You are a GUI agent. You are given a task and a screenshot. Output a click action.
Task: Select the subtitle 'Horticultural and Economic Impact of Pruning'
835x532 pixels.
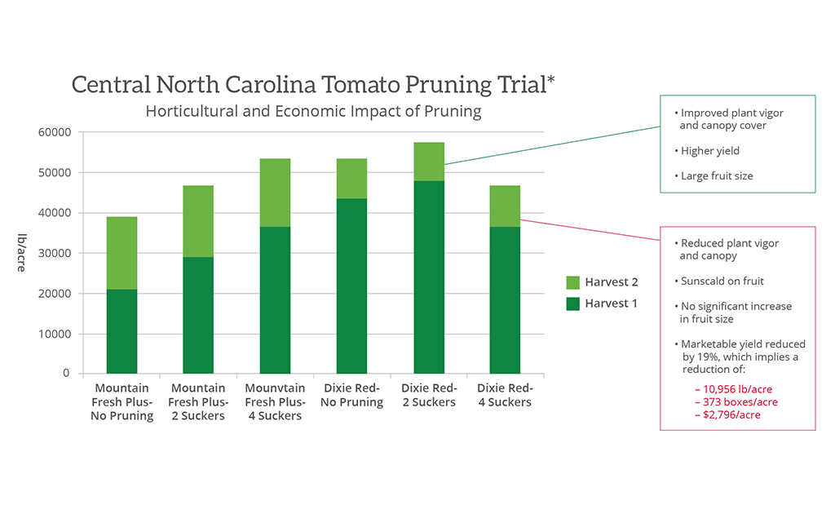tap(313, 111)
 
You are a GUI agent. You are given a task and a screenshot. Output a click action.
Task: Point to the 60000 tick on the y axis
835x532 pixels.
tap(55, 132)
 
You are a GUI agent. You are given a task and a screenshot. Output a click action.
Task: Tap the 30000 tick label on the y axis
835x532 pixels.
tap(55, 253)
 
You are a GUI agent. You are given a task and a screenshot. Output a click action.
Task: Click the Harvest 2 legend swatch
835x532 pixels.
tap(572, 283)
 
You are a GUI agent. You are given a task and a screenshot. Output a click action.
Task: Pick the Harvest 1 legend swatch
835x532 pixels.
tap(572, 304)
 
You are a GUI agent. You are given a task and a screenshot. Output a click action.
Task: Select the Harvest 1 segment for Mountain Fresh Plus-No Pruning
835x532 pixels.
tap(121, 331)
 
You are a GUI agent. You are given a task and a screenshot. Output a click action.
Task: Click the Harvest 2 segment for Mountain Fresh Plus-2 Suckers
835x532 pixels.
tap(198, 221)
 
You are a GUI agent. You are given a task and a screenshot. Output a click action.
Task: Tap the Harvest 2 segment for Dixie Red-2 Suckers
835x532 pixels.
tap(429, 162)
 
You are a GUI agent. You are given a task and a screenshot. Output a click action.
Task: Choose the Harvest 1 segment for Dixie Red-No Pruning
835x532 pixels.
tap(351, 286)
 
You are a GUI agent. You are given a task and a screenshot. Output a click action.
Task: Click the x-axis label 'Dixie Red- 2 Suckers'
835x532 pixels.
tap(428, 395)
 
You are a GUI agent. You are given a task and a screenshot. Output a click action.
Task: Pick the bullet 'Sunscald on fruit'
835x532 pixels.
tap(722, 282)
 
